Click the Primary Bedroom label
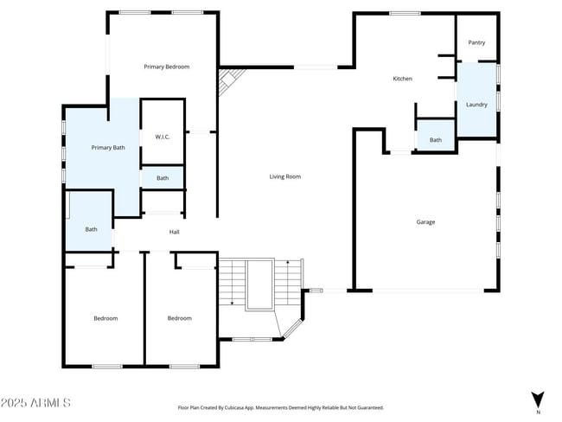166,67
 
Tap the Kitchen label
402,79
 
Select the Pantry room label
476,42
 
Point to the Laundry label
476,105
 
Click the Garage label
425,222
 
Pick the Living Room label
284,176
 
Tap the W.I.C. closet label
163,137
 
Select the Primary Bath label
108,148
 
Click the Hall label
174,232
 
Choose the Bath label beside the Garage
436,140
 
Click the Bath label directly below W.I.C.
163,178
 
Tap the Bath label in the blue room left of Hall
91,229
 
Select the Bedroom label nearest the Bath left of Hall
105,318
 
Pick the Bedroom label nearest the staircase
179,318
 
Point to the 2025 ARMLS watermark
36,403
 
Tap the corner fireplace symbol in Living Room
227,83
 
